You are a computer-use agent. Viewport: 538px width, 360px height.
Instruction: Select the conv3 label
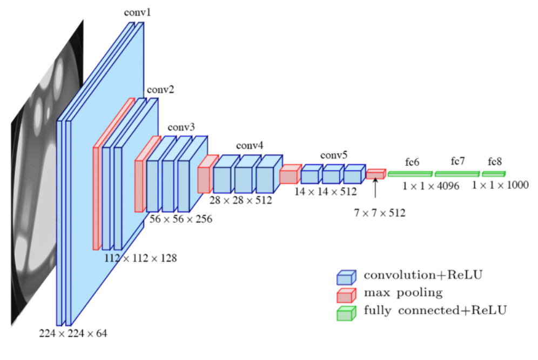pos(180,128)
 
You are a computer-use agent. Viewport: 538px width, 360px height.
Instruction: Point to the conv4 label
pos(250,146)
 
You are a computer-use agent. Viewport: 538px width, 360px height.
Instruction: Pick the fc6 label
pos(412,162)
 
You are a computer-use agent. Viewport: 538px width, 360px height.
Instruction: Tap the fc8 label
pos(494,162)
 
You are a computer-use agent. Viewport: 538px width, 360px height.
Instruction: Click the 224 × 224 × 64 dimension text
pos(73,334)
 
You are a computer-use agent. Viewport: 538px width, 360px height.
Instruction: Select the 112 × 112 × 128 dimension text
pos(140,258)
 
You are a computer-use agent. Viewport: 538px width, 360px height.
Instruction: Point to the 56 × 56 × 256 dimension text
pos(180,219)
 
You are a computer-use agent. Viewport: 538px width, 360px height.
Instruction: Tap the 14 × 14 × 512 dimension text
pos(326,191)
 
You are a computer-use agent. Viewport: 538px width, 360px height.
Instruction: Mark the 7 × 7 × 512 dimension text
pos(379,212)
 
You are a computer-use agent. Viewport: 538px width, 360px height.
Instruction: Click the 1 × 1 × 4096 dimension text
pos(430,185)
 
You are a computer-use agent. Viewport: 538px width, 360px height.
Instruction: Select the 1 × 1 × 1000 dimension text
pos(500,185)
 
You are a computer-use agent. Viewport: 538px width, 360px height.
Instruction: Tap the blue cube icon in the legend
pos(346,277)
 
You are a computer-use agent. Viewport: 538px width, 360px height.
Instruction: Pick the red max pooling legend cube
pos(346,295)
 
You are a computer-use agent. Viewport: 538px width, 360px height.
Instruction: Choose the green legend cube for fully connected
pos(346,312)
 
